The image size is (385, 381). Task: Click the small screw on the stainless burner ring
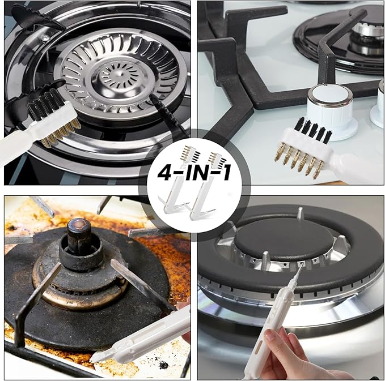click(44, 37)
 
